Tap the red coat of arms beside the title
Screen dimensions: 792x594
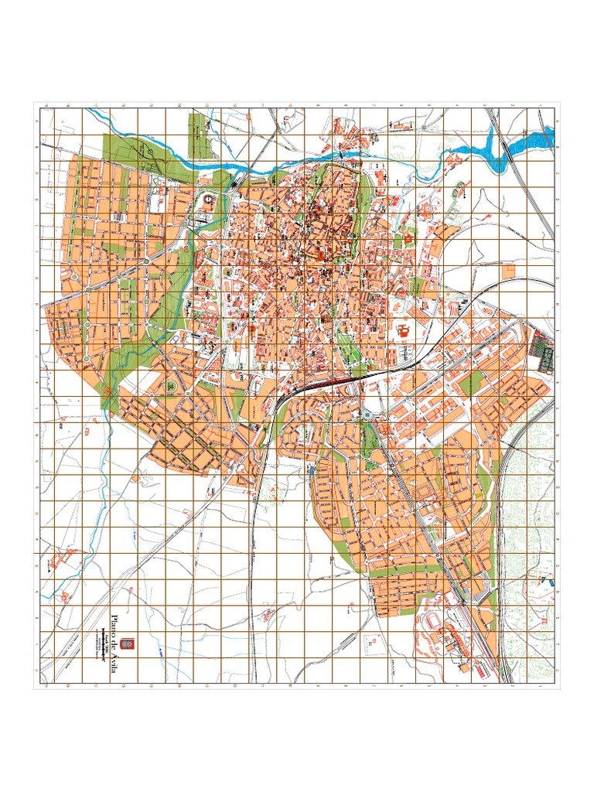pos(130,642)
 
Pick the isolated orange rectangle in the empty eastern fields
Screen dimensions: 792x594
pos(508,271)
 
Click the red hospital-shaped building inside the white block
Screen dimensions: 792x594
pos(401,333)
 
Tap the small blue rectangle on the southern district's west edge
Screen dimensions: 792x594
pos(311,469)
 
